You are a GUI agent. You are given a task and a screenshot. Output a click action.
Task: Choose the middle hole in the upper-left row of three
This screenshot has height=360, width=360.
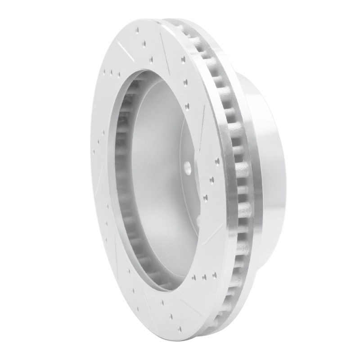(111, 72)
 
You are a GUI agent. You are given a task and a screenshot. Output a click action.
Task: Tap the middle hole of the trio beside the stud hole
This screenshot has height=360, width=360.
(212, 179)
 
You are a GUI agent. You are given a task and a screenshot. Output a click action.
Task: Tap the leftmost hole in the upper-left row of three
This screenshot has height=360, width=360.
(104, 71)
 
